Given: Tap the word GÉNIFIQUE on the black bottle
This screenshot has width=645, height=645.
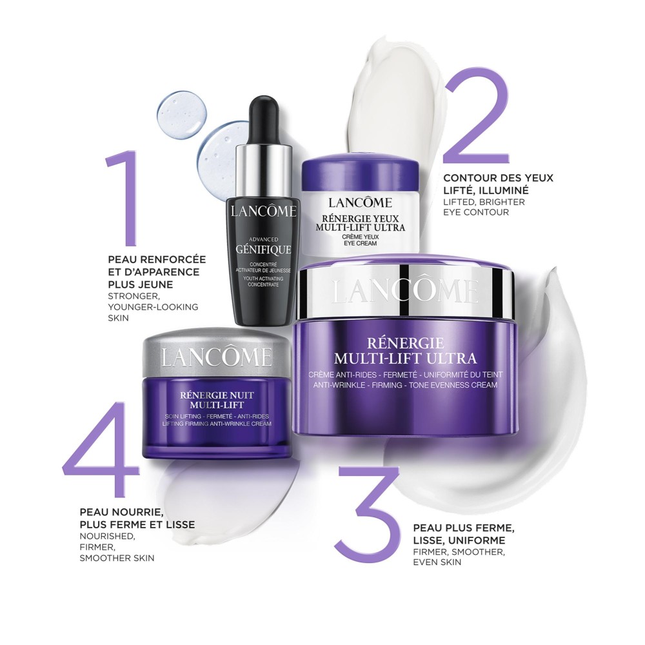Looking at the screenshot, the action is (263, 249).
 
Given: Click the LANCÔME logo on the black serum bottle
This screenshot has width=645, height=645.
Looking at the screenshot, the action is (263, 211).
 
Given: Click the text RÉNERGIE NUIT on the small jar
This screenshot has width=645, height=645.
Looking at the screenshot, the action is (217, 395).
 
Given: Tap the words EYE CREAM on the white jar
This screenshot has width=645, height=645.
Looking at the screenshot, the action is (361, 243).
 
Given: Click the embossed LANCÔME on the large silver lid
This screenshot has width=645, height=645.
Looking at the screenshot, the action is (405, 292).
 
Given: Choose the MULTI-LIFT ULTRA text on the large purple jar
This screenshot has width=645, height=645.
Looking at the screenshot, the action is (405, 358).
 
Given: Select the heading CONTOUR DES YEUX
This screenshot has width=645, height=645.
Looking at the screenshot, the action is (498, 178).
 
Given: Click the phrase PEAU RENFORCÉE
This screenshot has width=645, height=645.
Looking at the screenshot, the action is (157, 259).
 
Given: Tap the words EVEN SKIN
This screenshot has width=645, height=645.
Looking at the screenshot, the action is (437, 562).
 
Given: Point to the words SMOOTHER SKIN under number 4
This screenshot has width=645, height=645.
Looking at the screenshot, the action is (117, 558).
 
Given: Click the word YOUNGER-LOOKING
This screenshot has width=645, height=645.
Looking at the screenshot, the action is (153, 307).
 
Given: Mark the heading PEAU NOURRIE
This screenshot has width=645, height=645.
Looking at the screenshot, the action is (122, 511).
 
